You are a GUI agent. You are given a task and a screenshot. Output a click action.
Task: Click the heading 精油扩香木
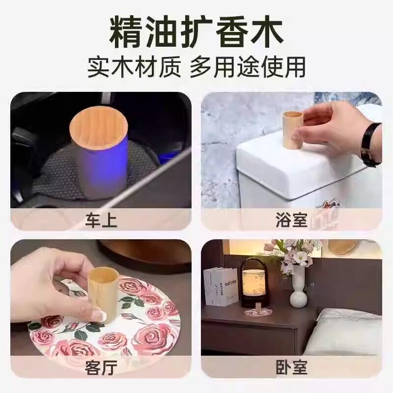(x=196, y=32)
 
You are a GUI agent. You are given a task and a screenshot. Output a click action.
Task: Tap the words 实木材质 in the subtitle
(x=134, y=67)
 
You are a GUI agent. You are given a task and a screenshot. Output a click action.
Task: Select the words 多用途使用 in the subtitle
(x=248, y=67)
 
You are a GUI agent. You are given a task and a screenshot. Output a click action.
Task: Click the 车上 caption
(x=101, y=220)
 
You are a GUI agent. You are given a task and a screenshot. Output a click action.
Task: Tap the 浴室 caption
(x=291, y=220)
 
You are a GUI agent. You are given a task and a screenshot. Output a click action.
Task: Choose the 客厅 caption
(x=101, y=367)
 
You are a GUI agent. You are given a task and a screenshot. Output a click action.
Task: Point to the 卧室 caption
(x=291, y=367)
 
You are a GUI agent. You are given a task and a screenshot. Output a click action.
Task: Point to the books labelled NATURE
(x=221, y=287)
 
